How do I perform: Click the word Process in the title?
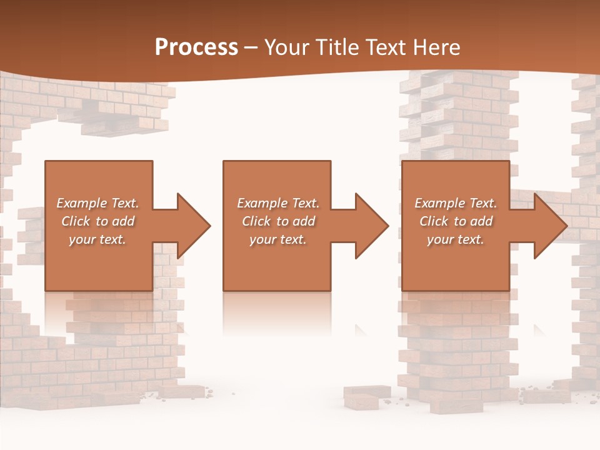pyautogui.click(x=196, y=47)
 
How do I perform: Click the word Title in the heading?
pyautogui.click(x=336, y=47)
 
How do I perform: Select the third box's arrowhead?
pyautogui.click(x=549, y=226)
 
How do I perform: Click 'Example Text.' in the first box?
pyautogui.click(x=97, y=203)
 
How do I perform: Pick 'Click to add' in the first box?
pyautogui.click(x=97, y=221)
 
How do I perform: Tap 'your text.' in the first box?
pyautogui.click(x=97, y=239)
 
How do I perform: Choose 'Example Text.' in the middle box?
pyautogui.click(x=278, y=203)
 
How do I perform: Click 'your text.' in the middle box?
pyautogui.click(x=278, y=239)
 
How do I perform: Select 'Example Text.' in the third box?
pyautogui.click(x=456, y=203)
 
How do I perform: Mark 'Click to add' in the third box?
pyautogui.click(x=456, y=221)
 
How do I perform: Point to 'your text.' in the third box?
pyautogui.click(x=456, y=239)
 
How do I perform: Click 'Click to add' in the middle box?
pyautogui.click(x=278, y=221)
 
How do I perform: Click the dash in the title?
pyautogui.click(x=251, y=48)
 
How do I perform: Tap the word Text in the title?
pyautogui.click(x=386, y=47)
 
